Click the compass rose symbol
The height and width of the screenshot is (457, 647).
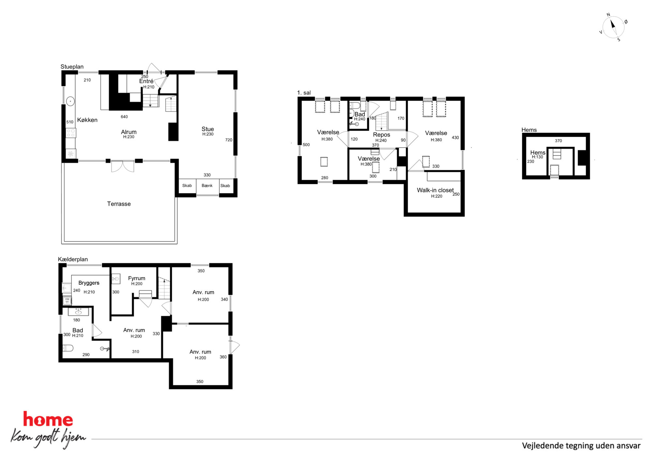(613, 27)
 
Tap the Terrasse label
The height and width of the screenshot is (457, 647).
(119, 204)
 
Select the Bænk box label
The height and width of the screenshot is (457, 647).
(207, 186)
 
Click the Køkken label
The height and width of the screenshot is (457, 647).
(87, 120)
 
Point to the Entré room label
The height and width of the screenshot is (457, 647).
(146, 81)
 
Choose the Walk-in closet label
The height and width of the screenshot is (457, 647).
(435, 190)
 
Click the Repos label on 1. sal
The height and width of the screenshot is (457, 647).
(382, 135)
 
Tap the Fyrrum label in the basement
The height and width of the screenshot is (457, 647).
(137, 278)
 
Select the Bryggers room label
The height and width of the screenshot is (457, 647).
(89, 283)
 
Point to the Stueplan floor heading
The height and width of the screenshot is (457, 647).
(72, 67)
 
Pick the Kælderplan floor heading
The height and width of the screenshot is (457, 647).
(73, 259)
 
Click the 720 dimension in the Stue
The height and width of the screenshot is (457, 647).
(229, 140)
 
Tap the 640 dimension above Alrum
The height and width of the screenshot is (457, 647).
(124, 117)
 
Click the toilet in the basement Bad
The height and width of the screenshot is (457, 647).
(68, 348)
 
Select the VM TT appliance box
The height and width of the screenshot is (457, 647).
(67, 300)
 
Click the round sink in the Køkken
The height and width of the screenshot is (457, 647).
(70, 101)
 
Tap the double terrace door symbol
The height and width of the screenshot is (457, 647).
(123, 166)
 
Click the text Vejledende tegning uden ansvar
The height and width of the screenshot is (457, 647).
(581, 446)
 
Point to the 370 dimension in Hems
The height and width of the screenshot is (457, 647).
(558, 141)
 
